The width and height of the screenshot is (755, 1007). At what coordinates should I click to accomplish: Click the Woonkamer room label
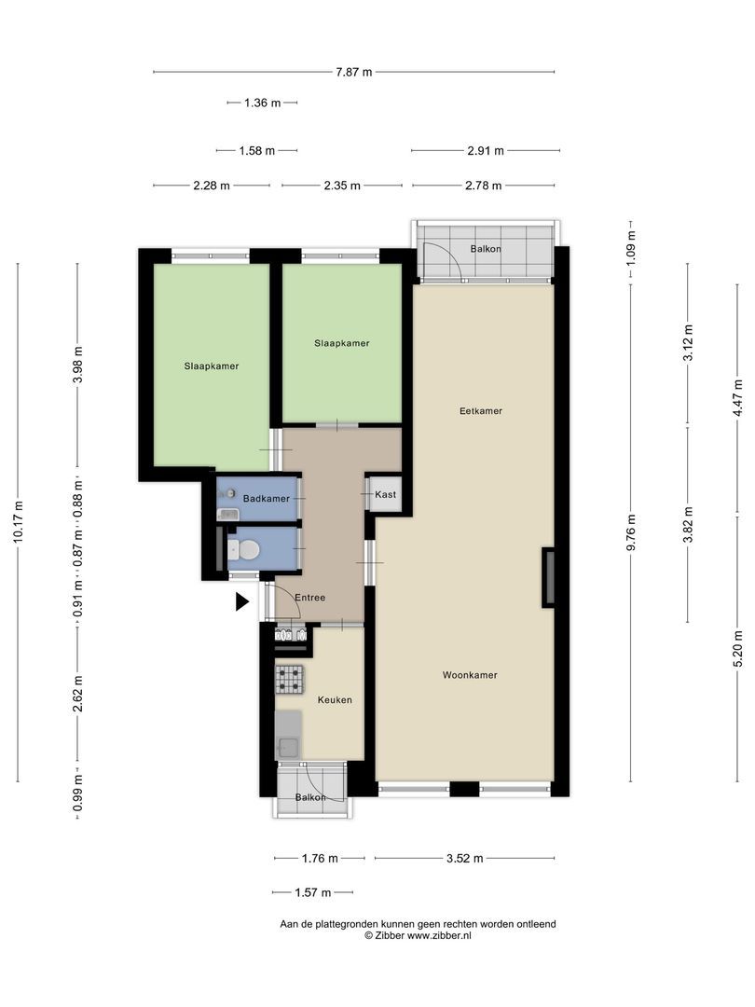(470, 675)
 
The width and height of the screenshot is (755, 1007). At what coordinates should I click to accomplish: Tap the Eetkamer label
(481, 411)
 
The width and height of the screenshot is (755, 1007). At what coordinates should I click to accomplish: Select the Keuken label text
(335, 700)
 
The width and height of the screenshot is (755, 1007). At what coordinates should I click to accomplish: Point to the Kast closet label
(385, 494)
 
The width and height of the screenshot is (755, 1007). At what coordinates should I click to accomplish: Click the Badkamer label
(266, 498)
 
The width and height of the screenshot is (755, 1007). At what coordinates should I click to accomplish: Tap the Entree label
(310, 598)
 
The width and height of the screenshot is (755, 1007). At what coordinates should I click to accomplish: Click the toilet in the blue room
(244, 550)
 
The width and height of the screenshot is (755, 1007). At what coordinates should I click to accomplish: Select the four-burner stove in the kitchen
(289, 680)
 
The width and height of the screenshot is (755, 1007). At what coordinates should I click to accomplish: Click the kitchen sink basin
(287, 748)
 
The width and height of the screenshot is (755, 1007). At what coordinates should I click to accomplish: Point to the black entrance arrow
(241, 601)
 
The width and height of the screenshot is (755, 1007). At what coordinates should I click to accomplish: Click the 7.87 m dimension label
(354, 72)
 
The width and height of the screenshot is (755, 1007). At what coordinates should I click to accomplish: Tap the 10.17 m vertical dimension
(18, 522)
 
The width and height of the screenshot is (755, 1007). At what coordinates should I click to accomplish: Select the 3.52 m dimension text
(465, 858)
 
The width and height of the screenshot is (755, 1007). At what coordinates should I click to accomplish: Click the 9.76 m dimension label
(631, 532)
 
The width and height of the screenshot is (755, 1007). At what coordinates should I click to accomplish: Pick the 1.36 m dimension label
(263, 103)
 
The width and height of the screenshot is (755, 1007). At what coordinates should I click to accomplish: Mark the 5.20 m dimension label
(738, 649)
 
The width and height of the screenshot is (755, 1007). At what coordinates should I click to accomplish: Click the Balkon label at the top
(486, 249)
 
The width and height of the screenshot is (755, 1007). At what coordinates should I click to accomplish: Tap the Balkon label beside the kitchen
(310, 797)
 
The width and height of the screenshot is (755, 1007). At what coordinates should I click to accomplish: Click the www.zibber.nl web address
(439, 936)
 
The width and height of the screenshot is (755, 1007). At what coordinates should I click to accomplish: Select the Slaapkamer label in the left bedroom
(212, 366)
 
